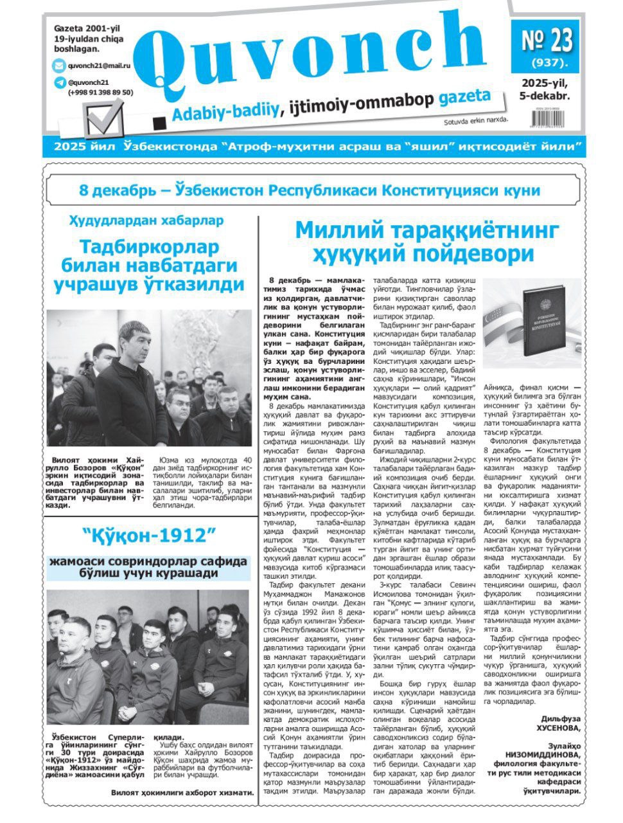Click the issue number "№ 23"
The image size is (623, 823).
(x=546, y=40)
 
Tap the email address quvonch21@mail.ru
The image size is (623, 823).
(x=99, y=66)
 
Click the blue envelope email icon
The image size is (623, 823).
(x=59, y=66)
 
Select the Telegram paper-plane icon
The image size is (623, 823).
(x=60, y=82)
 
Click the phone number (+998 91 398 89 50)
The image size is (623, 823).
(x=100, y=92)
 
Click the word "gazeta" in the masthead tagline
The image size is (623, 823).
(x=465, y=100)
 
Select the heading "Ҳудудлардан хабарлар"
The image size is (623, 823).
(x=146, y=221)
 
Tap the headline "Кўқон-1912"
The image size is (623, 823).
(x=148, y=535)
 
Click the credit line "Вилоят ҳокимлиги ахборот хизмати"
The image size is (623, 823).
(x=182, y=793)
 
